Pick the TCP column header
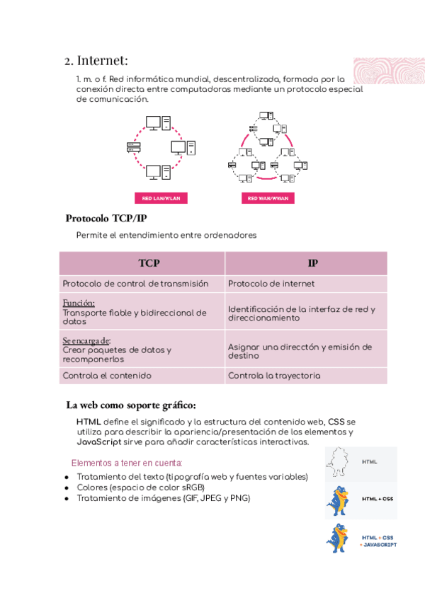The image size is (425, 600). click(x=149, y=263)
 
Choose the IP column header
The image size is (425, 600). click(x=312, y=263)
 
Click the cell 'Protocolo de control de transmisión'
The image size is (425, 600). click(x=135, y=284)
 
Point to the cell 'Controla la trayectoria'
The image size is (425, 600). click(x=274, y=376)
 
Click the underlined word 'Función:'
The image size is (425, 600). click(x=79, y=303)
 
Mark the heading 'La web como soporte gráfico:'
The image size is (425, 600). click(x=131, y=405)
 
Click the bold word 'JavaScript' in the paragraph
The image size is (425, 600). click(x=96, y=442)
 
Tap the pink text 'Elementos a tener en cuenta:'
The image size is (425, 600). click(x=127, y=463)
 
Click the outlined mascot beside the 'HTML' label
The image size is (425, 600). click(x=339, y=464)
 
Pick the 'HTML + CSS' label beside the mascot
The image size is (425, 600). click(x=377, y=499)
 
